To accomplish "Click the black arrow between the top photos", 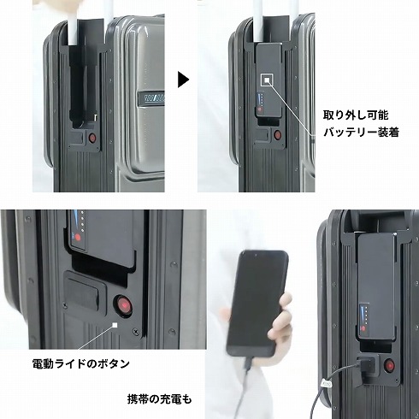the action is coord(183,80).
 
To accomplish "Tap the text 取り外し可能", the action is coord(356,115).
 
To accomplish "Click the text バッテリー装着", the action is coord(361,133).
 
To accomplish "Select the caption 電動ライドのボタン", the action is coord(81,363).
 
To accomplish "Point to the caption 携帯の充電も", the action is coord(159,399).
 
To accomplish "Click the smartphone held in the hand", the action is coord(257,303).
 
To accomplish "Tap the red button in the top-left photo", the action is coord(92,139).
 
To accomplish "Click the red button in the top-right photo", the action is coord(277,135).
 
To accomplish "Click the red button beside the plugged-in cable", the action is coord(389,365).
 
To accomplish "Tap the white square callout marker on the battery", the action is coord(267,80).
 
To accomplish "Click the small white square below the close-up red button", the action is coord(115,325).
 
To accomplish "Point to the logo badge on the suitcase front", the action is coord(151,98).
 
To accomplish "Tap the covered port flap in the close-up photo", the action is coord(82,290).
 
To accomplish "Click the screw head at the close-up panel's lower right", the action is coord(136,332).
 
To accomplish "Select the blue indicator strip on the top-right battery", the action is coord(259,99).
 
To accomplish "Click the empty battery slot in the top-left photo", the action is coord(83,86).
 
